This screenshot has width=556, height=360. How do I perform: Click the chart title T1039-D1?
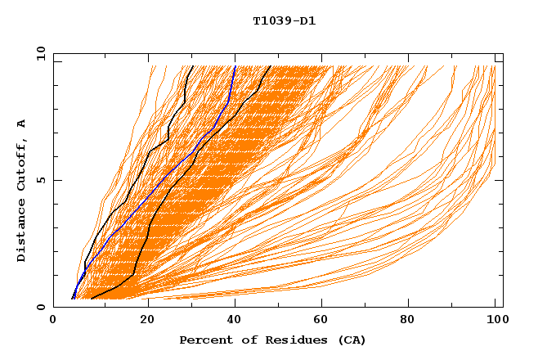pos(284,20)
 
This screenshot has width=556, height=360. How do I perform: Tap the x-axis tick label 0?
pos(53,321)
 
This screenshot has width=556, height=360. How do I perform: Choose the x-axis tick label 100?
pos(495,321)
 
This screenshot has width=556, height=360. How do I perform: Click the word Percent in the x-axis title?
pos(204,340)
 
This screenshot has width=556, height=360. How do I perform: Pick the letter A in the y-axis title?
pos(21,123)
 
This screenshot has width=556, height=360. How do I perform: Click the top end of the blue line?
pos(235,65)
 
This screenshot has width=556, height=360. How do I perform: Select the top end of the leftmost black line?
pos(192,65)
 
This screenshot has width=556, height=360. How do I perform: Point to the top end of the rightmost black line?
pos(271,65)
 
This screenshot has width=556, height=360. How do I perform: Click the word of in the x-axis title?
pos(243,340)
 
